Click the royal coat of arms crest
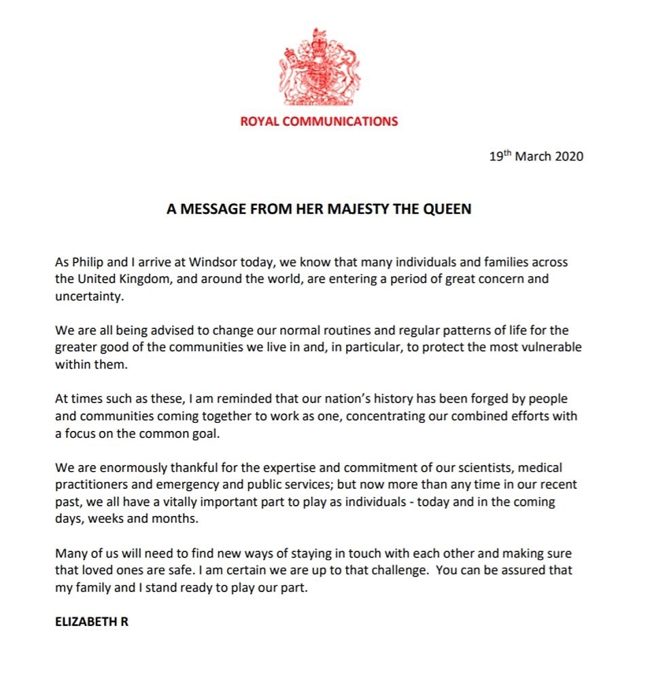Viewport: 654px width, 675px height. pos(318,67)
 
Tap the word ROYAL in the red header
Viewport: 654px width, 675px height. pos(258,122)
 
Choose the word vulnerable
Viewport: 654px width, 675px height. pos(549,347)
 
